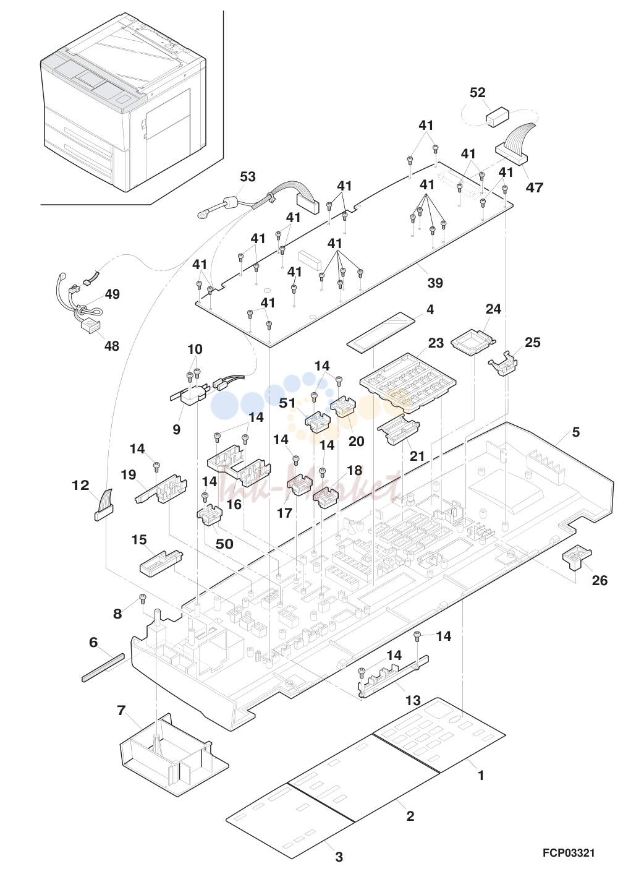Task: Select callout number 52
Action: [x=478, y=93]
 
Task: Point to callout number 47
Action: [x=534, y=187]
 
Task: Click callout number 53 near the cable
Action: [x=248, y=176]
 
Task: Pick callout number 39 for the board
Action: [x=435, y=283]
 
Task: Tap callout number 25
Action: [x=533, y=342]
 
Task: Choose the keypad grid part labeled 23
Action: [x=408, y=383]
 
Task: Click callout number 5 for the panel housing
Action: [x=576, y=432]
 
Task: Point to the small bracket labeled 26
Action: [x=577, y=559]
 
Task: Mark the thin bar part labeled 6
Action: [x=103, y=667]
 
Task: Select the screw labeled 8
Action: [x=143, y=596]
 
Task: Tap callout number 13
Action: [x=412, y=700]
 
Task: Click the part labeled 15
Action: [x=161, y=563]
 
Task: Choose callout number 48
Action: [x=111, y=346]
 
